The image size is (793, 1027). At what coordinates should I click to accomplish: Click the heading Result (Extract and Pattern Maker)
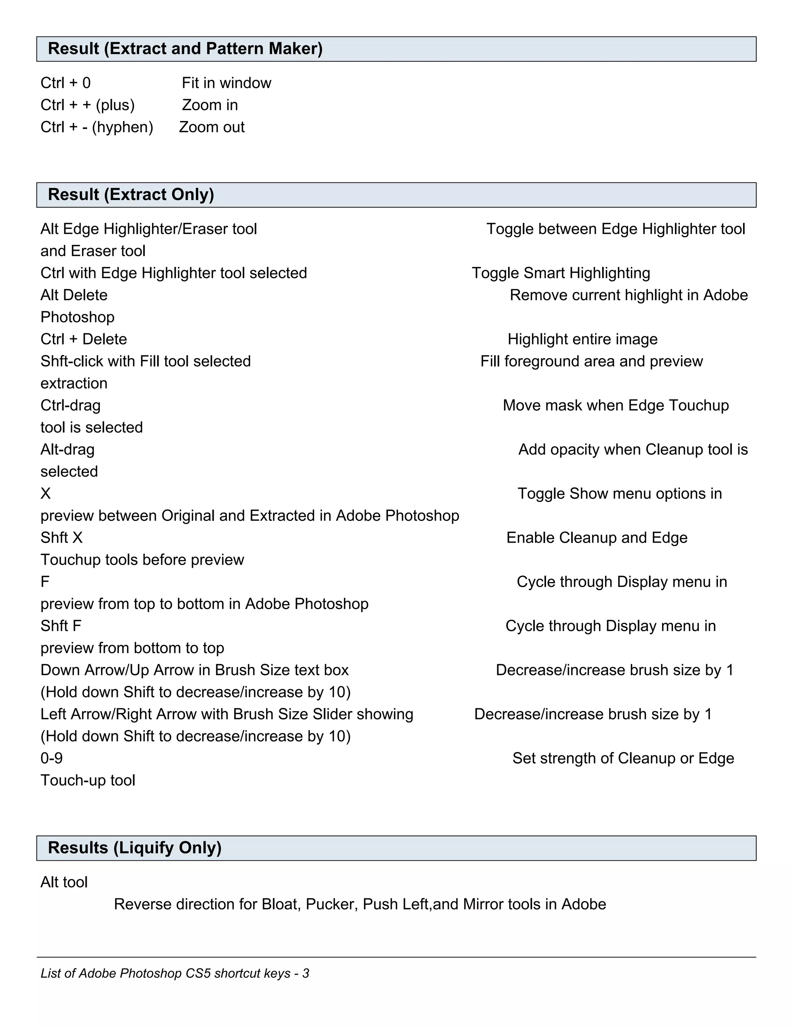[x=185, y=49]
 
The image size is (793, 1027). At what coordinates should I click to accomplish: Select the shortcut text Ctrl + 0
[x=65, y=83]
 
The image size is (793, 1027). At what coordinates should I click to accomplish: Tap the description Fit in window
[x=226, y=83]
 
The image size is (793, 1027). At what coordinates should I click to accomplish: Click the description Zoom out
[x=211, y=128]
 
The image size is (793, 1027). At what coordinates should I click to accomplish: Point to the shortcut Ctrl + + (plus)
[x=88, y=105]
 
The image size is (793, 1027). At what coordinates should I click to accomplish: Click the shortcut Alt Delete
[x=74, y=295]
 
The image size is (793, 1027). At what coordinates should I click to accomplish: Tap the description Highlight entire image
[x=582, y=339]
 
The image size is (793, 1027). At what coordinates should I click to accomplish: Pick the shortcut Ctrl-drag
[x=70, y=405]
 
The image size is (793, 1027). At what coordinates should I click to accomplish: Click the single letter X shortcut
[x=46, y=494]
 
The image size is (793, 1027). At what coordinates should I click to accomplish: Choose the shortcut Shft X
[x=62, y=538]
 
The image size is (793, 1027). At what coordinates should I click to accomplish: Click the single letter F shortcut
[x=45, y=582]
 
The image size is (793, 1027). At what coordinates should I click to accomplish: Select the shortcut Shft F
[x=61, y=626]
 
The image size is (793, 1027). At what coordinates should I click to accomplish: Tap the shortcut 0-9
[x=51, y=758]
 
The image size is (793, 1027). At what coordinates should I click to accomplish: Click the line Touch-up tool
[x=88, y=781]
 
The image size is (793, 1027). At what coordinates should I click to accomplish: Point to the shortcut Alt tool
[x=64, y=882]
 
